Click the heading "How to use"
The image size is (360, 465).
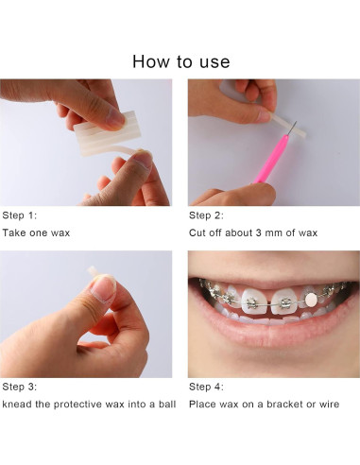click(x=180, y=62)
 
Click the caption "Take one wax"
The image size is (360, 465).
click(x=36, y=232)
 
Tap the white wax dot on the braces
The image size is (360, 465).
click(x=307, y=299)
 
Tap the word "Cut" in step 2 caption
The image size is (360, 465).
click(x=198, y=232)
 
